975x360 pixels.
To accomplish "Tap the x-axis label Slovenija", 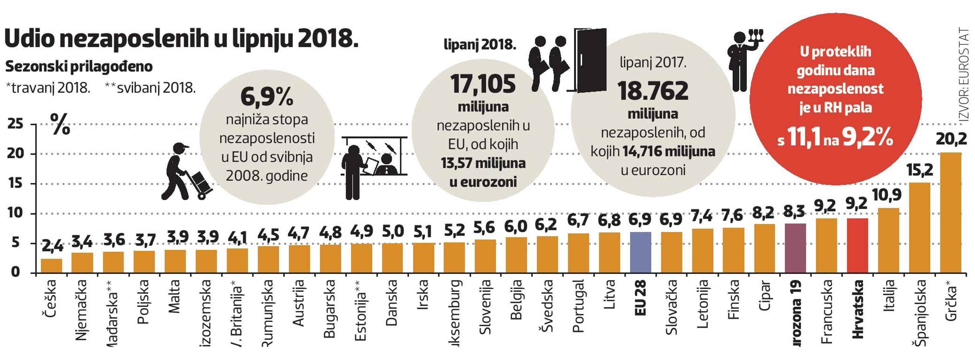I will point(485,307).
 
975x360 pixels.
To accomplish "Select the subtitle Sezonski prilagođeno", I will point(79,67).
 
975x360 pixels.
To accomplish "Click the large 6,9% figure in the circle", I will point(267,97).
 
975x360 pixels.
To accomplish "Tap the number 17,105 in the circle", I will point(483,84).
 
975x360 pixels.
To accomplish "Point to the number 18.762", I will point(653,91).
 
